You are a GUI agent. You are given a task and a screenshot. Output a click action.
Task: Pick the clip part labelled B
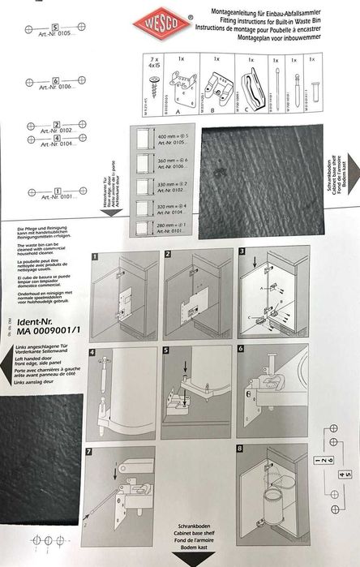pos(216,86)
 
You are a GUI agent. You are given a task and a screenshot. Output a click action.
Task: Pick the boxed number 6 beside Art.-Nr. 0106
pos(55,81)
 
